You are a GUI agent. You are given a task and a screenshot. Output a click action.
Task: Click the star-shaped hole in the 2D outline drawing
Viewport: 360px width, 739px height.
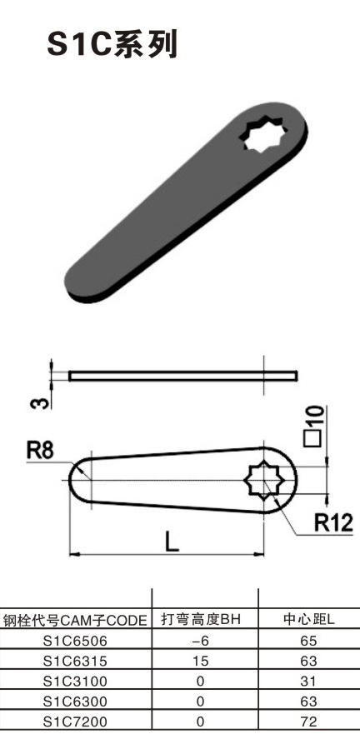pos(264,481)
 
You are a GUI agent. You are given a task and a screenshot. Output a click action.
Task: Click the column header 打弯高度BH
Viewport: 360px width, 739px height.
pos(200,620)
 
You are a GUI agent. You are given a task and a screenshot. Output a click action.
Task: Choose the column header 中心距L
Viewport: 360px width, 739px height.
pos(308,620)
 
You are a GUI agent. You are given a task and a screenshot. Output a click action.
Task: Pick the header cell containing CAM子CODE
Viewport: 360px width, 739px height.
pos(75,620)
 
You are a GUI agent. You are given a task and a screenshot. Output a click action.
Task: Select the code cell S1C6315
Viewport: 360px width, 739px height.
pos(75,660)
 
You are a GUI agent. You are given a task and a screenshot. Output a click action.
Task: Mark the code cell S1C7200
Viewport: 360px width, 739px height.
pos(75,720)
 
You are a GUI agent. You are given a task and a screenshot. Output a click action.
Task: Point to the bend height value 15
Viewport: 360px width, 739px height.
pos(200,660)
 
